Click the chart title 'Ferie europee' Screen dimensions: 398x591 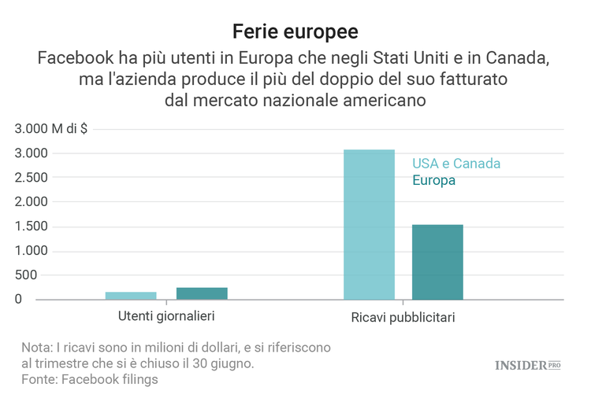[x=295, y=31]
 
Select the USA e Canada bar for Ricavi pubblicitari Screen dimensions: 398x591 [x=369, y=224]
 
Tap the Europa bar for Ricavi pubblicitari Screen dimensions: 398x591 [x=437, y=262]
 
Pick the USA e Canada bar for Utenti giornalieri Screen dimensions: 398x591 [x=131, y=296]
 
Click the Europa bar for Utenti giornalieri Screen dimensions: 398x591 [x=202, y=293]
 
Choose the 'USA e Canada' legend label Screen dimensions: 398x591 [x=456, y=164]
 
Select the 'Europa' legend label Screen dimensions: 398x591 [x=433, y=180]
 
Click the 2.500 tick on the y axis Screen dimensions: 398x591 [x=32, y=178]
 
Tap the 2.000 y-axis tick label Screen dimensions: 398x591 [x=32, y=202]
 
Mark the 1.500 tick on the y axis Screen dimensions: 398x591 [x=32, y=227]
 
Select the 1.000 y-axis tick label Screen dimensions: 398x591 [x=32, y=251]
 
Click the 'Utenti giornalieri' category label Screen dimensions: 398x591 [x=166, y=315]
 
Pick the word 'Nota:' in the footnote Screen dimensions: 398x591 [x=37, y=348]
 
